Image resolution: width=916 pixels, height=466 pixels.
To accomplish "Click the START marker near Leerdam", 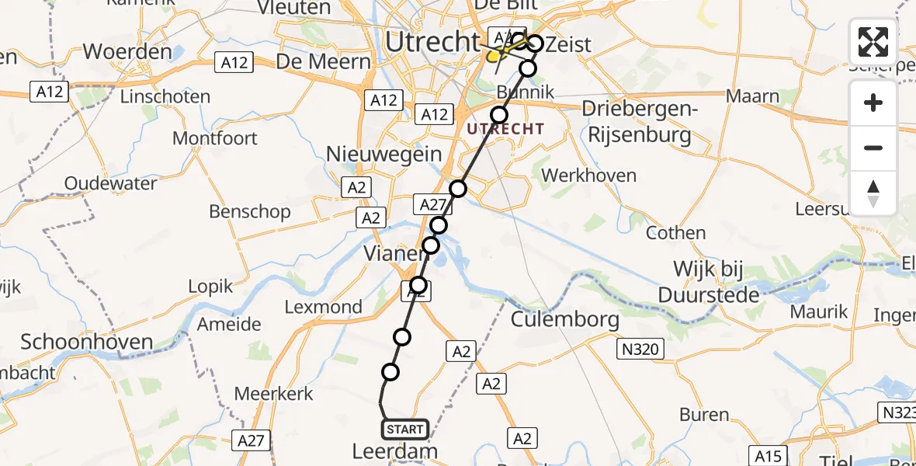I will [404, 429].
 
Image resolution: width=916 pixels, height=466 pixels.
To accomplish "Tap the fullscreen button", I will [873, 42].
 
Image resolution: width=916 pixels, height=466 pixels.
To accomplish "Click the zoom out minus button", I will [873, 148].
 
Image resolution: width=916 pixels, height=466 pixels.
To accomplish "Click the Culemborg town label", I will [565, 319].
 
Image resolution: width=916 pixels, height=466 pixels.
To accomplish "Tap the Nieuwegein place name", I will [383, 154].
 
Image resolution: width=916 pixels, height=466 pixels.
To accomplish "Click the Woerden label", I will [127, 52].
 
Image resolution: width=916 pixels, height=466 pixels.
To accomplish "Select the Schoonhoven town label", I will [87, 342].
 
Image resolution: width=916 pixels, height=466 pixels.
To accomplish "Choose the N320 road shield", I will [640, 349].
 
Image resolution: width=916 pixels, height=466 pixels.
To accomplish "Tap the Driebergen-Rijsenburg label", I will [639, 122].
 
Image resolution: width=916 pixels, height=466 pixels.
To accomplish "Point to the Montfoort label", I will [214, 138].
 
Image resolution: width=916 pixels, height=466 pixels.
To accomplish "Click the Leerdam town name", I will [394, 451].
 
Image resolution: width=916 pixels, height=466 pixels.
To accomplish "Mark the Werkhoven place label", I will [589, 176].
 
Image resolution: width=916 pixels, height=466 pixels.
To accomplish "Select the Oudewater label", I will [110, 184].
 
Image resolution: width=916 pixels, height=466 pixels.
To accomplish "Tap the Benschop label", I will [250, 211].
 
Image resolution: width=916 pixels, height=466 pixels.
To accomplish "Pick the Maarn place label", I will [753, 96].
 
